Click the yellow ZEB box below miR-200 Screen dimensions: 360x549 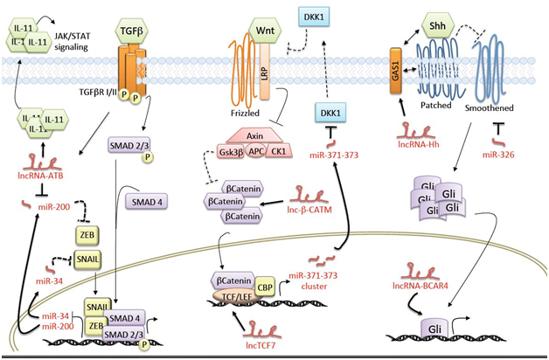tap(87, 235)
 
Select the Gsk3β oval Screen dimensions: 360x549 tap(232, 151)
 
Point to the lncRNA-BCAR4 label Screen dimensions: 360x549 tap(427, 281)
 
